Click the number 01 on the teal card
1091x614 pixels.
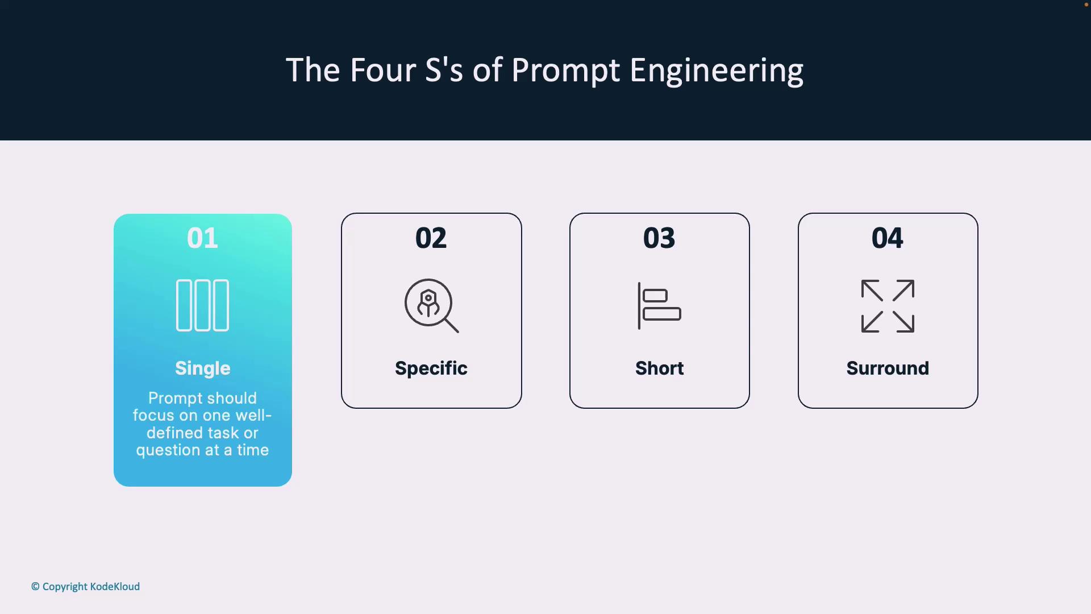[202, 238]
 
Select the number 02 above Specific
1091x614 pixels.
[431, 238]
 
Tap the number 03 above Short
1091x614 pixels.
[659, 238]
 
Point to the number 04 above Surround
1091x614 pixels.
[888, 238]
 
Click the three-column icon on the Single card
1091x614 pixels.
[202, 305]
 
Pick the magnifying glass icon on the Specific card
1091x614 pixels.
[431, 305]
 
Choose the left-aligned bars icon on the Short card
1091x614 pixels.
[659, 305]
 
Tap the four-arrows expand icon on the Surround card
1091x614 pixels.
[888, 306]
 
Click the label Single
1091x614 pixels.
[203, 369]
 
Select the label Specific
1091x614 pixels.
[431, 369]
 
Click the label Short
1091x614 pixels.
[660, 368]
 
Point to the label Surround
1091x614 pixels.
[888, 368]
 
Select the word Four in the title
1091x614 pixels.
[383, 70]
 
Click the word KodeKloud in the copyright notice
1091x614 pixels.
[115, 587]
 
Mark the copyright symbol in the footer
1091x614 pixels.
[35, 587]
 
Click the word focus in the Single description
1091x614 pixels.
[153, 416]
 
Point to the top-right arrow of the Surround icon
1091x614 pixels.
[903, 291]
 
